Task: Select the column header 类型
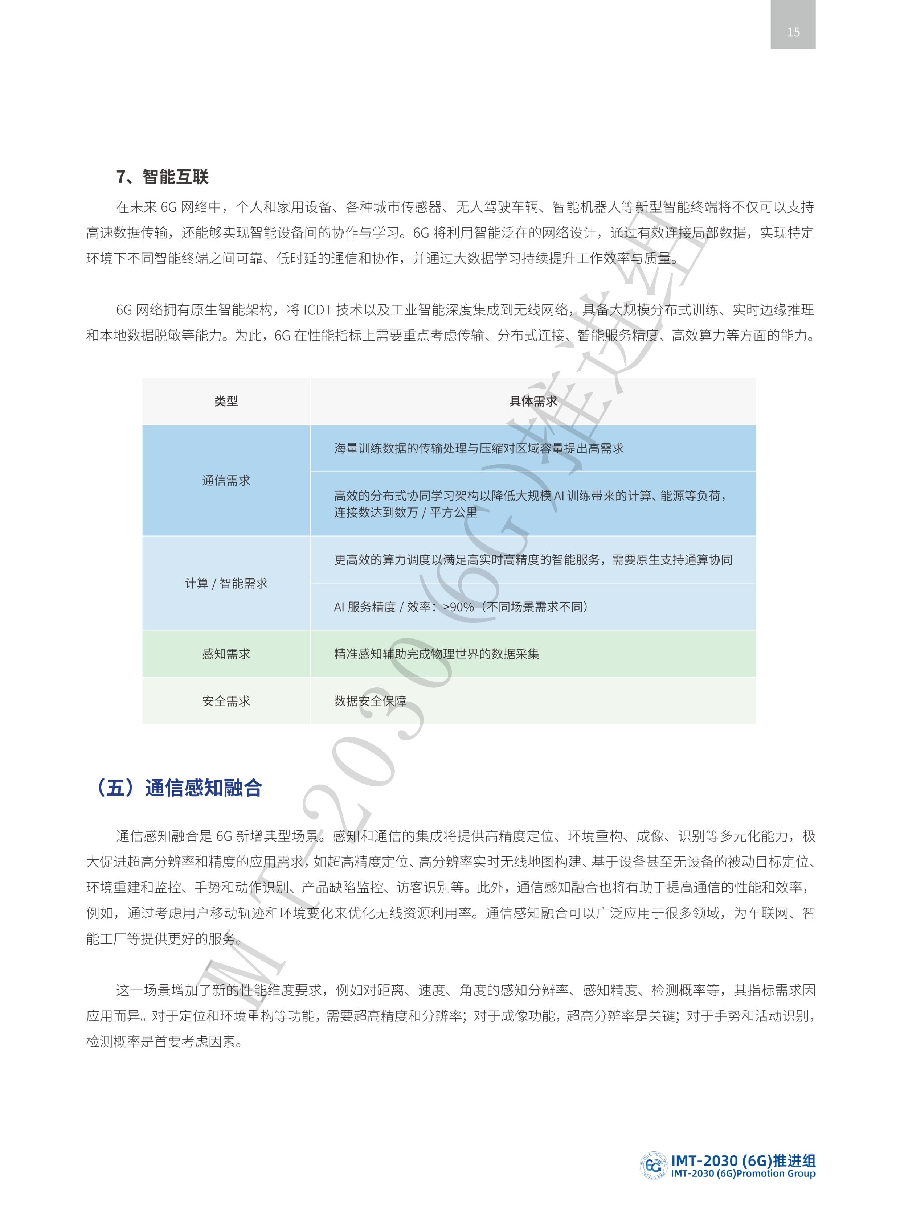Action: (226, 401)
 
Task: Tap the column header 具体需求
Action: (533, 401)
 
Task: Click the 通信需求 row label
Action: (226, 480)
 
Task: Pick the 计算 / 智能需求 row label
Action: (226, 583)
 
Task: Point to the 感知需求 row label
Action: (226, 654)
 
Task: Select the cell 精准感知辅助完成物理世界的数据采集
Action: (436, 654)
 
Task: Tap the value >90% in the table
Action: (458, 607)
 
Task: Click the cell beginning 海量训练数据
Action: (478, 448)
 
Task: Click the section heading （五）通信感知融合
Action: (179, 788)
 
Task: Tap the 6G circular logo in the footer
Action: (652, 1165)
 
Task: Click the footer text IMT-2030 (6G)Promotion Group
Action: (743, 1173)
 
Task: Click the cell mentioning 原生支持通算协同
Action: (533, 560)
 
